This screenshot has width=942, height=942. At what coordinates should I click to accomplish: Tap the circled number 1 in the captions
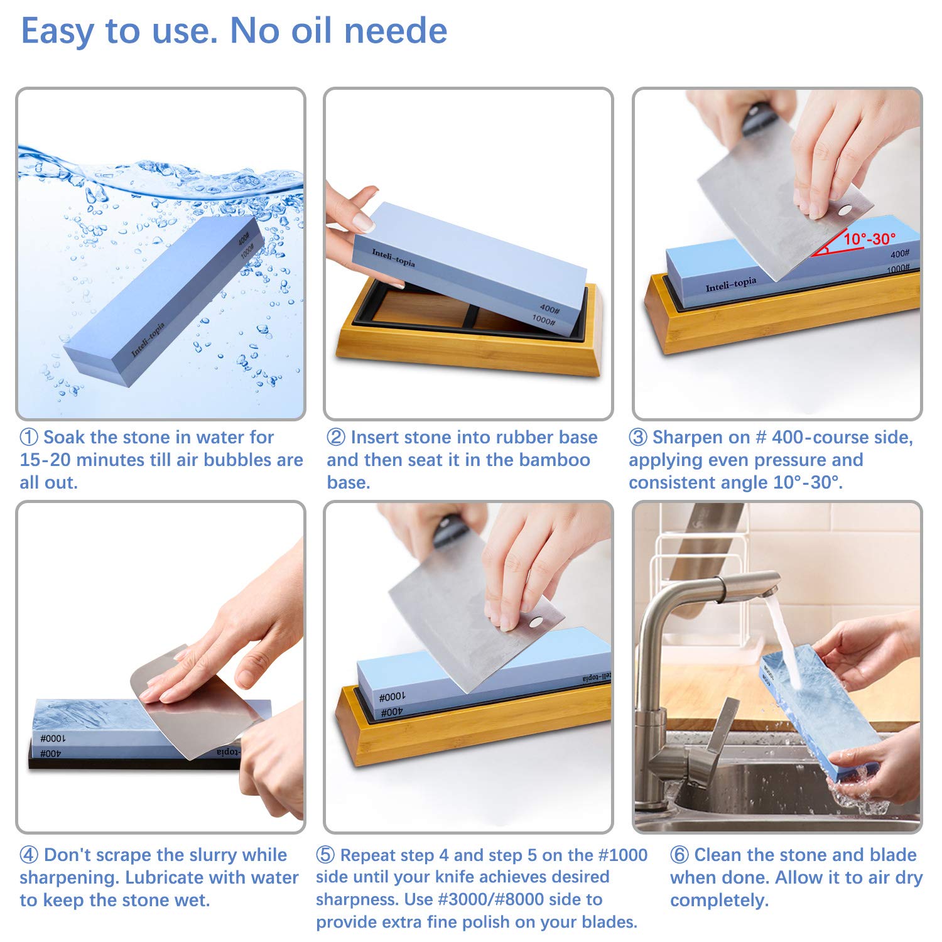coord(29,437)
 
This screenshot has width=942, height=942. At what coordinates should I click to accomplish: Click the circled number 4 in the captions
coord(29,855)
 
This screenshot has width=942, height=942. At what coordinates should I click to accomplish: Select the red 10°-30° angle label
coord(869,239)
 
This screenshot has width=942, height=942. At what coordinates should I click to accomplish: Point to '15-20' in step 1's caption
coord(45,460)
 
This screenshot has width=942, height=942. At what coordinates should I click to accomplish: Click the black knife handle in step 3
coord(757,119)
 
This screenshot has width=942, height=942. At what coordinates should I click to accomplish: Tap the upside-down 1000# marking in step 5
coord(392,697)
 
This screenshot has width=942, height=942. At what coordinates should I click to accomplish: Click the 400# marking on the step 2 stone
coord(549,309)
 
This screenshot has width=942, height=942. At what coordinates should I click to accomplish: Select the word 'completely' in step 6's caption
coord(718,900)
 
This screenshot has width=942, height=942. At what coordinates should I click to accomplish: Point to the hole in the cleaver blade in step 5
coord(535,622)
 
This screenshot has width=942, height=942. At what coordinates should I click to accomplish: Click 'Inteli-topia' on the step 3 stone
coord(730,284)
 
